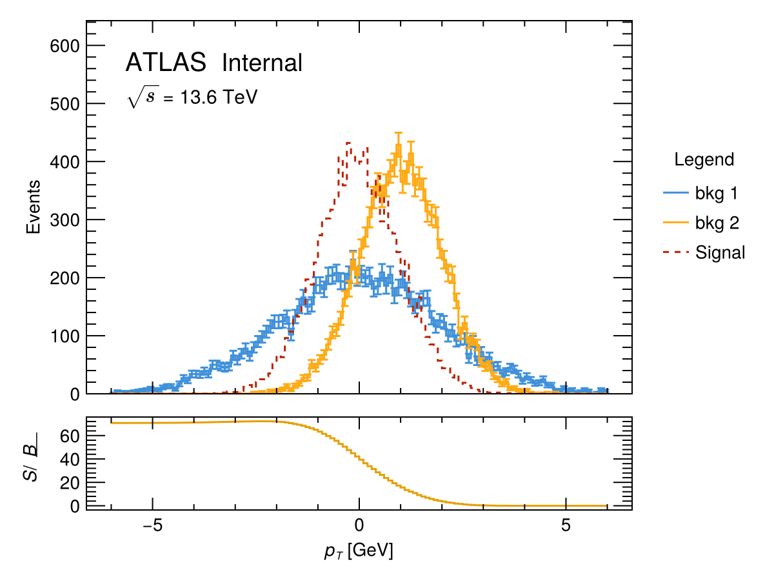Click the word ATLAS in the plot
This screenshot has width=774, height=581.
pyautogui.click(x=166, y=63)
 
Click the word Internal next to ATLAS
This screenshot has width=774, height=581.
pyautogui.click(x=262, y=63)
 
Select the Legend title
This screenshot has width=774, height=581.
pyautogui.click(x=704, y=159)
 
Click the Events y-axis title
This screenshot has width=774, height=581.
pyautogui.click(x=34, y=207)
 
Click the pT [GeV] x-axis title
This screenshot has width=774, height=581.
pyautogui.click(x=359, y=552)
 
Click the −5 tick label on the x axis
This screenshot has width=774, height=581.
pyautogui.click(x=153, y=524)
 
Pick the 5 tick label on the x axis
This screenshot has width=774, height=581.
pyautogui.click(x=566, y=524)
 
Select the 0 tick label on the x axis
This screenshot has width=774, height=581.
pyautogui.click(x=359, y=524)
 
